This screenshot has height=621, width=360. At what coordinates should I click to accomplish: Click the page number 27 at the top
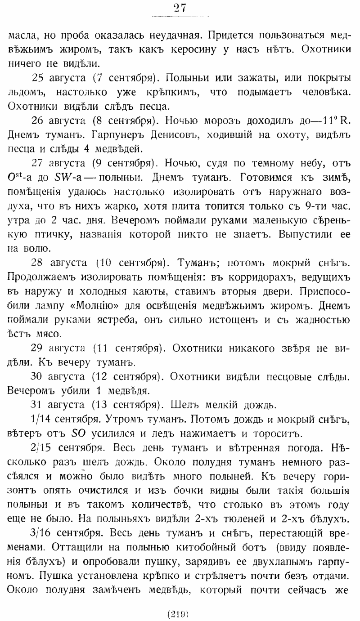pyautogui.click(x=180, y=8)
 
